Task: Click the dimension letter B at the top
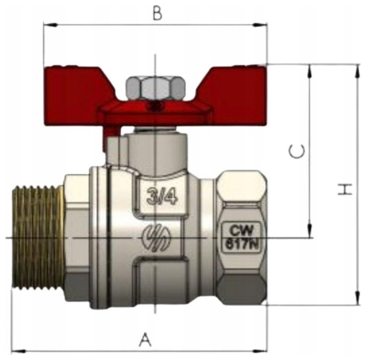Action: click(x=158, y=14)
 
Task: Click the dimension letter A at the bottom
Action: click(x=145, y=340)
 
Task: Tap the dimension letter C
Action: click(x=297, y=151)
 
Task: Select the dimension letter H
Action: click(x=345, y=189)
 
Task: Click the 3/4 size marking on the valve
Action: click(x=162, y=196)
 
